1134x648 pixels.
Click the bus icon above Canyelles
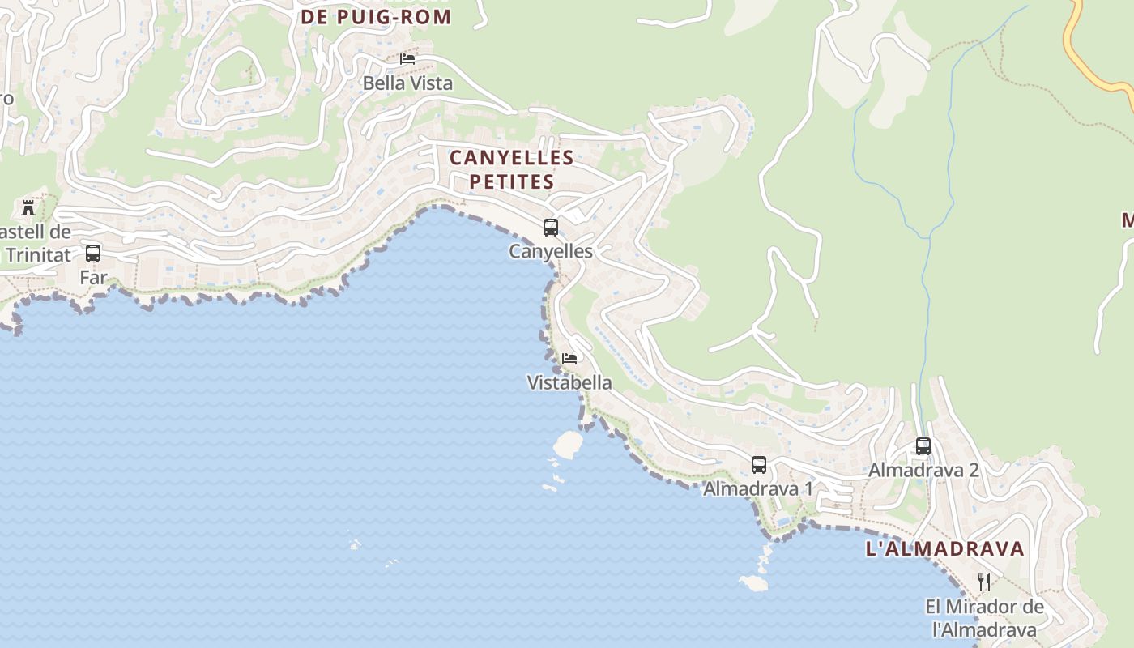[x=551, y=228]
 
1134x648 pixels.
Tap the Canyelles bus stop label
[x=551, y=252]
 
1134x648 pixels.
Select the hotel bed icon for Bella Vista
[x=407, y=58]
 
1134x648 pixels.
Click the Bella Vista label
[x=407, y=83]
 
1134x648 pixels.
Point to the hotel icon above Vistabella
[x=569, y=358]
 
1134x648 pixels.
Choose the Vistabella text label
[x=569, y=383]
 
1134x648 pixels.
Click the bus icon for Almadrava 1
[x=759, y=465]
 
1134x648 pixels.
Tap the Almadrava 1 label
[x=758, y=489]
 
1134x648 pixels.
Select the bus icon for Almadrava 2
[x=923, y=446]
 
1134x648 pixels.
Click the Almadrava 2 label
[x=923, y=471]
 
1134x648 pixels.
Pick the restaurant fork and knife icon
[x=984, y=582]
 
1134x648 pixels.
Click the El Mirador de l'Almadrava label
[x=984, y=618]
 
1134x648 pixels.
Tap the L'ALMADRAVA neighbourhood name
[x=945, y=549]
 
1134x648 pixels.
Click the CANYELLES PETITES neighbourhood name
[x=512, y=169]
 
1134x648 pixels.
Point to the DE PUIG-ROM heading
[x=376, y=17]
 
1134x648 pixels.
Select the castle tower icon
[x=28, y=207]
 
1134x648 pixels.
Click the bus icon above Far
[x=93, y=254]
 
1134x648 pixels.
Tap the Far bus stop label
[x=93, y=278]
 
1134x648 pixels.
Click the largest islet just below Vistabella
[x=568, y=444]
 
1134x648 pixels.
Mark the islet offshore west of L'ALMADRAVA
[x=754, y=582]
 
